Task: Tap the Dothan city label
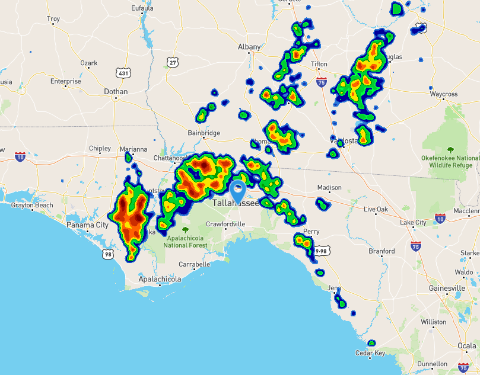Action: (x=116, y=92)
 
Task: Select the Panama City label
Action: (x=87, y=225)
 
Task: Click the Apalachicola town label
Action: (x=160, y=278)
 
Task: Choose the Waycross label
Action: (x=444, y=94)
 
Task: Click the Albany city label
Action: (x=249, y=47)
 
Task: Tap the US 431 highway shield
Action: (x=123, y=73)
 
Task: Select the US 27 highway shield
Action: (x=172, y=62)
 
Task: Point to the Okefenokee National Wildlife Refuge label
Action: (x=450, y=162)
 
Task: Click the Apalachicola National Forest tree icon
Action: (x=185, y=230)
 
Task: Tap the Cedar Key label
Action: (x=370, y=353)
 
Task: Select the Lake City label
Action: (x=413, y=223)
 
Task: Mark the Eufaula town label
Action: (x=142, y=8)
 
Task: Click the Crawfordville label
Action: (x=225, y=224)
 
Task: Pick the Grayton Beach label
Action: (x=32, y=206)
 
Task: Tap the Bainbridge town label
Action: (x=204, y=133)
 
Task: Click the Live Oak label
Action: (x=376, y=209)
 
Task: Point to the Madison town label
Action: (x=329, y=188)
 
